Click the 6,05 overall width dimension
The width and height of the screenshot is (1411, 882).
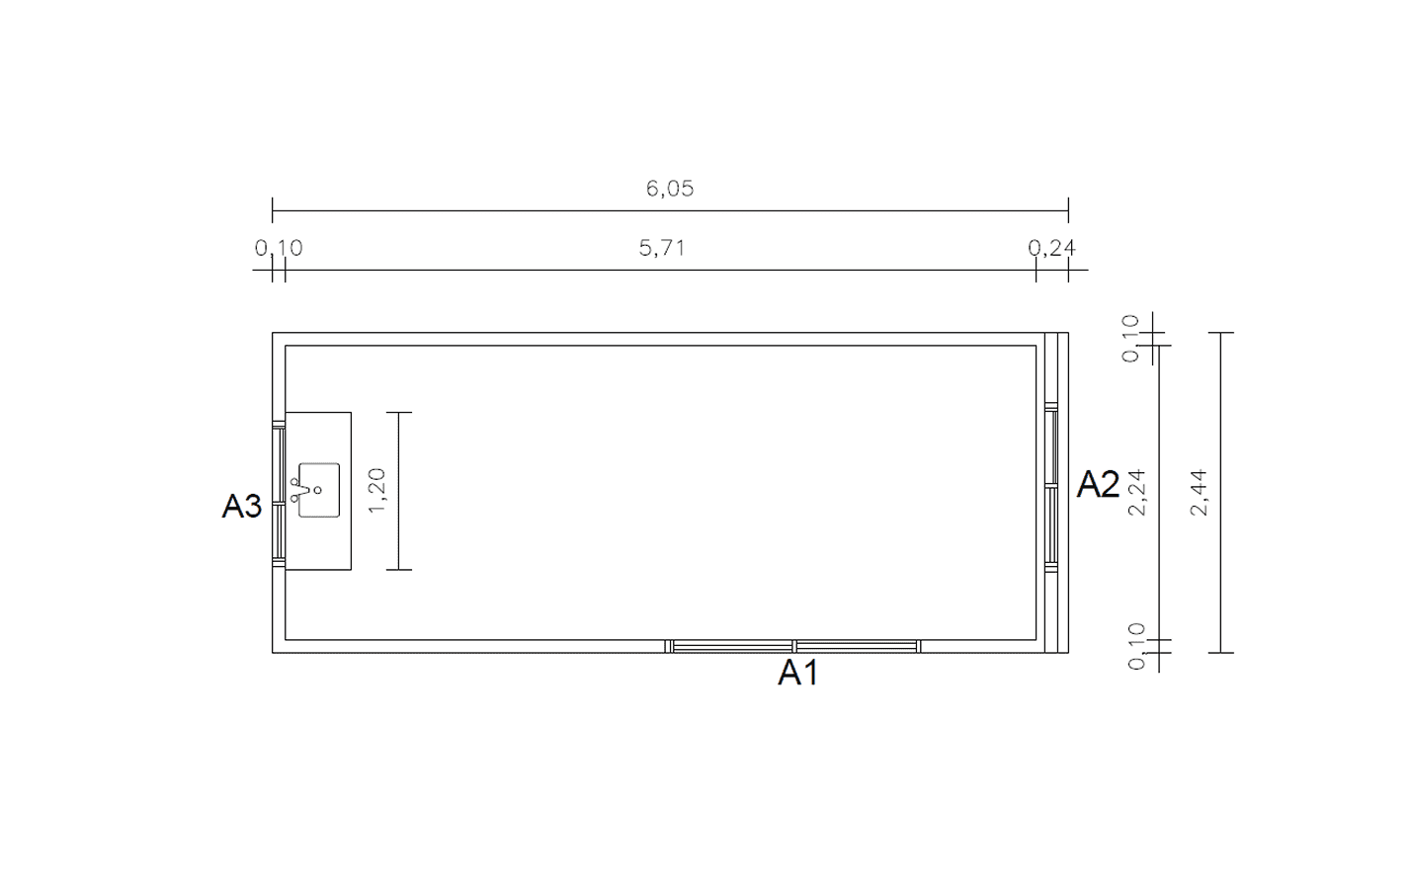click(x=670, y=189)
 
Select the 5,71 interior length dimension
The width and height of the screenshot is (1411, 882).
click(x=662, y=248)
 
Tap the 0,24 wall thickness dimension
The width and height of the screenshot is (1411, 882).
click(x=1051, y=248)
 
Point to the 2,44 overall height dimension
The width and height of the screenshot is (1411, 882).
click(x=1199, y=492)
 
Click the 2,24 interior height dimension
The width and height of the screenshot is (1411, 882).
click(x=1137, y=492)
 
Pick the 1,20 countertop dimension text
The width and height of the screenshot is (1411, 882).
click(x=376, y=491)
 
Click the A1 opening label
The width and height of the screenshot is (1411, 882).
click(x=798, y=673)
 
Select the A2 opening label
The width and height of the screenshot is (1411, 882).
click(x=1098, y=485)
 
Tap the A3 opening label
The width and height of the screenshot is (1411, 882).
click(x=242, y=506)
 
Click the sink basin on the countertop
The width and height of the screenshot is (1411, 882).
click(x=319, y=491)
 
